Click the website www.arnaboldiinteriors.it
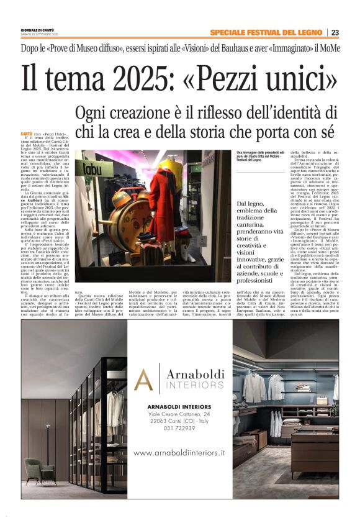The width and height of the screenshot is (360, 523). point(179,453)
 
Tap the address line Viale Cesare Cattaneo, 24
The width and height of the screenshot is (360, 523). point(179,412)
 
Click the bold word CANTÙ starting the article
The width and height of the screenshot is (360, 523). point(26,134)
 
